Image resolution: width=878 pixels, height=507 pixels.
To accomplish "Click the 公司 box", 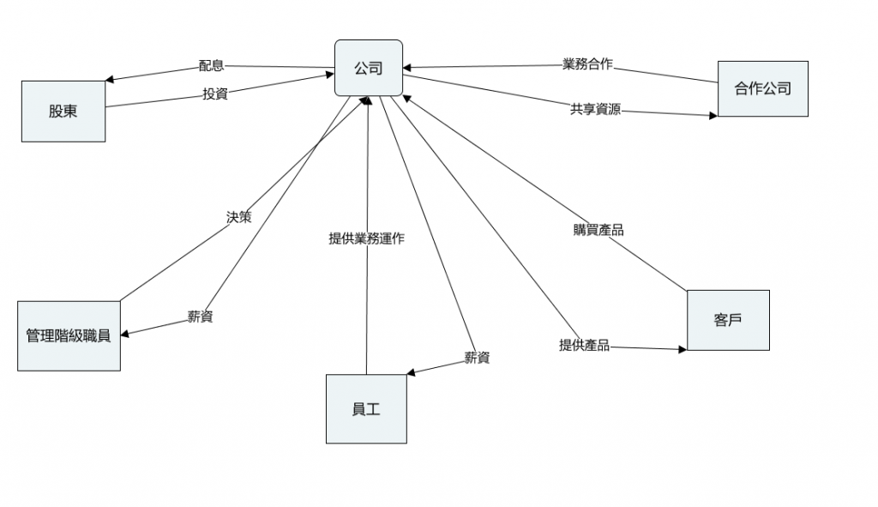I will (369, 68).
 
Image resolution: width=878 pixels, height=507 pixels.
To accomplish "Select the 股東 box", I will (63, 111).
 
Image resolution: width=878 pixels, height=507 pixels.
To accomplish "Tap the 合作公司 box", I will (762, 88).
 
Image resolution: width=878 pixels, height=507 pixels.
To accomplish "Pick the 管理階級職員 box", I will (69, 335).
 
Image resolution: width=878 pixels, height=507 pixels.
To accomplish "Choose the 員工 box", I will (366, 409).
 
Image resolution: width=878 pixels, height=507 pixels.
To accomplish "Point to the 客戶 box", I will (728, 320).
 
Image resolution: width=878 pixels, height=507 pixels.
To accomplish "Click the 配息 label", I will (211, 65).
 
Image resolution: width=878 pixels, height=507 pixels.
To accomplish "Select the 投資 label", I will (214, 94).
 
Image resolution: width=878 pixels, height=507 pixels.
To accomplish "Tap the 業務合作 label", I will (587, 64).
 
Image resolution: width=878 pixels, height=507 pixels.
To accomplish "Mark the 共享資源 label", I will (595, 109).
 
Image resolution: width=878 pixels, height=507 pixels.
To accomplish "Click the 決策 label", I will (238, 217).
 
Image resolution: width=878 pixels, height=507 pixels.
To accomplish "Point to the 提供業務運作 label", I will (367, 239).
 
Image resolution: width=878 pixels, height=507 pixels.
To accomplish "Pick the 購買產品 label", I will (598, 230).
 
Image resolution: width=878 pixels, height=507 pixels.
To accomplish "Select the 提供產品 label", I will (584, 345).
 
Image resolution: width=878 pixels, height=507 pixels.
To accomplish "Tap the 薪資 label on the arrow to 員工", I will (477, 358).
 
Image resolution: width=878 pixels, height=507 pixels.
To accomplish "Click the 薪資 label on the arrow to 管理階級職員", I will (200, 317).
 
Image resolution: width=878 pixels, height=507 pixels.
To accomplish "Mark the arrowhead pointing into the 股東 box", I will (110, 80).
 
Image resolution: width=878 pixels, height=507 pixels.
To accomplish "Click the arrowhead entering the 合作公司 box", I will (713, 114).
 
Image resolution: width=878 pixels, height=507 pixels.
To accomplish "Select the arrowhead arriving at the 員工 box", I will (412, 373).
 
